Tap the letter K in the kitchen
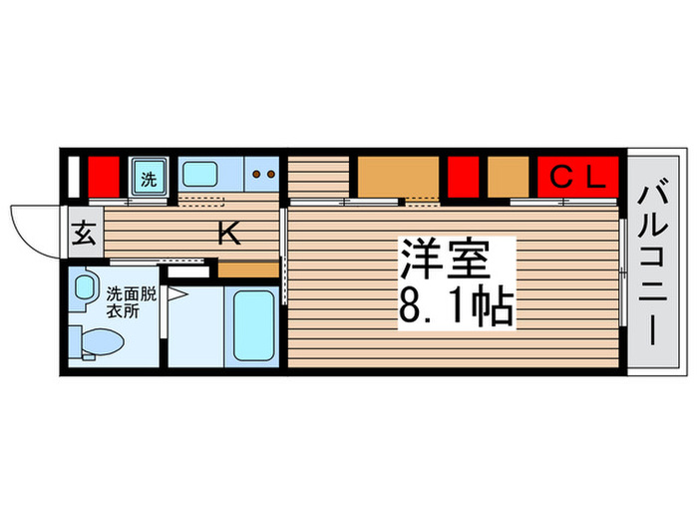(x=228, y=235)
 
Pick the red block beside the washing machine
(x=103, y=178)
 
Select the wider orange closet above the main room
(x=398, y=177)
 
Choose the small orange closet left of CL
(x=508, y=177)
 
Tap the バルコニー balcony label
(x=654, y=262)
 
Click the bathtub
(x=253, y=327)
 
